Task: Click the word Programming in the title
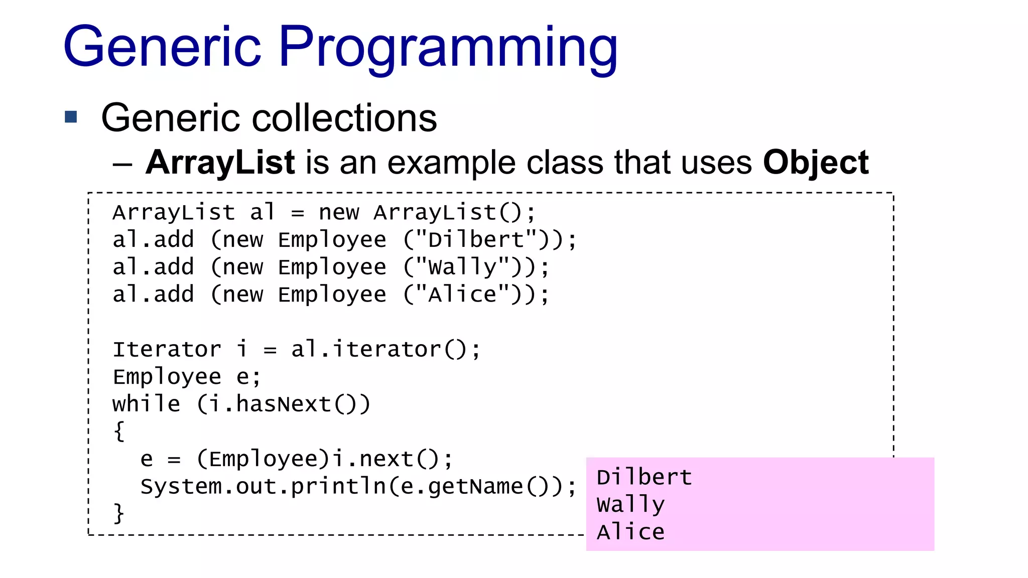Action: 448,48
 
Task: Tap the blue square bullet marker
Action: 71,117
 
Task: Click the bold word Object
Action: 816,163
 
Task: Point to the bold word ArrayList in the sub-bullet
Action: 220,163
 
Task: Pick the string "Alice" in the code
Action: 462,295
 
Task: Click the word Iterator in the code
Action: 167,349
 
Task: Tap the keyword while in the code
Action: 146,404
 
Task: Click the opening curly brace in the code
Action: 119,431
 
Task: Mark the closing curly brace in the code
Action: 119,513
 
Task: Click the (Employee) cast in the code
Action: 264,459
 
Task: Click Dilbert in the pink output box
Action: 644,477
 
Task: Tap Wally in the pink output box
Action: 630,505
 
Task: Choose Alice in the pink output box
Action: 630,532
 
